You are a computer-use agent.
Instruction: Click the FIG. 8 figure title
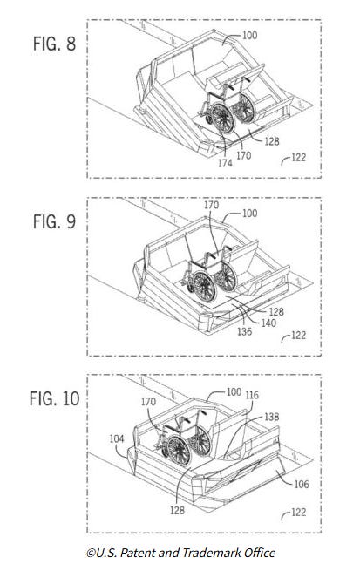pos(55,44)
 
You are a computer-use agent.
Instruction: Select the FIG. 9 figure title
pos(55,221)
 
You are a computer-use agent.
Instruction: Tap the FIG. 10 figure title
pos(55,399)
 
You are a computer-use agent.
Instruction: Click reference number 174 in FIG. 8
pos(225,163)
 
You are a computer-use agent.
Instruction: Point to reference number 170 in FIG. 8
pos(244,155)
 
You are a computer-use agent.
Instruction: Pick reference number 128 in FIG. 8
pos(272,141)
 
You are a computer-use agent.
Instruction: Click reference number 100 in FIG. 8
pos(250,35)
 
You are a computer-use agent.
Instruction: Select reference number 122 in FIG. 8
pos(298,157)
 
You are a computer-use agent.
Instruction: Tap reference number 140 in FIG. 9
pos(268,323)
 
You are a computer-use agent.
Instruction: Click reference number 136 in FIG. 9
pos(245,331)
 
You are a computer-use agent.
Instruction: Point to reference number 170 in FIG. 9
pos(211,205)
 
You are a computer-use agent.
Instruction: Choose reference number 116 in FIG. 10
pos(252,395)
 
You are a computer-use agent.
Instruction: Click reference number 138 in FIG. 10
pos(272,417)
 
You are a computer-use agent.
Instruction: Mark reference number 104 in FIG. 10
pos(117,438)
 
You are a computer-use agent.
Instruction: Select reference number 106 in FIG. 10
pos(302,484)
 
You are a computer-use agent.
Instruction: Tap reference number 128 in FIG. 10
pos(177,510)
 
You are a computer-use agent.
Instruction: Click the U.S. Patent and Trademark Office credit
pos(181,553)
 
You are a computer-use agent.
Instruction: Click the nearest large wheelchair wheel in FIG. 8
pos(222,119)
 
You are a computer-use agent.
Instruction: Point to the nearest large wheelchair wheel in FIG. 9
pos(205,287)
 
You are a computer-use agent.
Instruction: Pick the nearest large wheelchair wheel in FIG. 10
pos(179,451)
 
